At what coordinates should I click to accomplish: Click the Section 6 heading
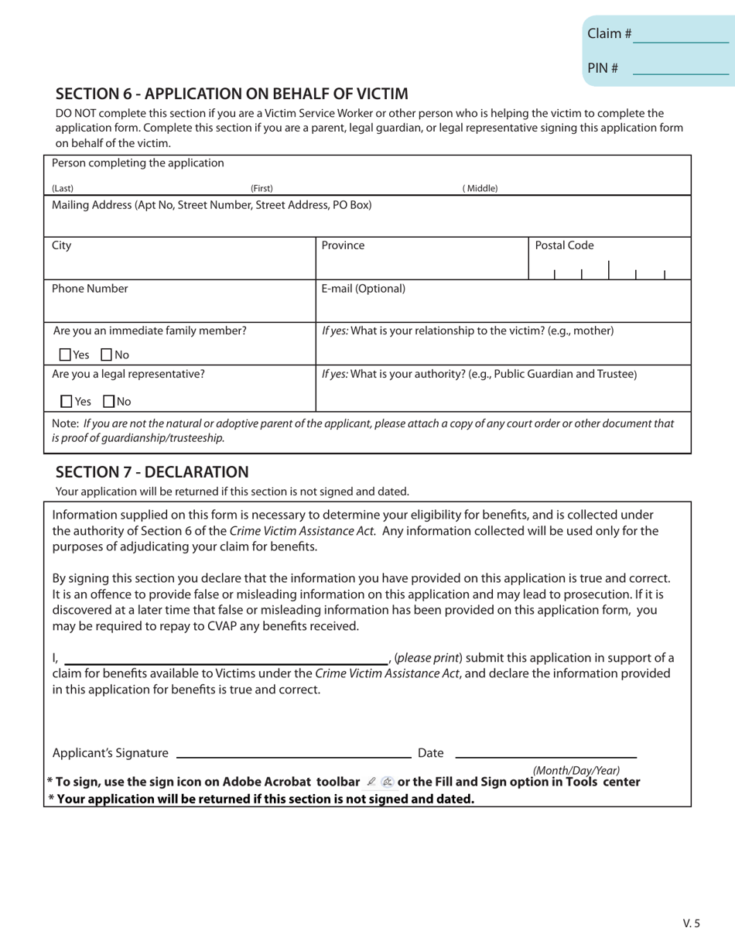231,94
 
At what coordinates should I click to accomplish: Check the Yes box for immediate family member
65,355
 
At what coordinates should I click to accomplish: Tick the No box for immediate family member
107,355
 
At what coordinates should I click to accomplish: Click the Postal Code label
564,246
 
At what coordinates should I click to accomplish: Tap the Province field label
343,246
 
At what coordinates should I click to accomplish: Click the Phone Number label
90,289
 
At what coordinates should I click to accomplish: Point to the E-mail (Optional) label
363,289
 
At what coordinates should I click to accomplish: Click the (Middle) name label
480,188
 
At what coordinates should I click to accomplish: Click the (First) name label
262,188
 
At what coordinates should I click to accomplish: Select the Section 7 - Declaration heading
152,472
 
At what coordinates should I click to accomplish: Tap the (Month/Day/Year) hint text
576,770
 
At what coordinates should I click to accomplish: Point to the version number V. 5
691,923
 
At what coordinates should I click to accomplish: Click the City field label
61,246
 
